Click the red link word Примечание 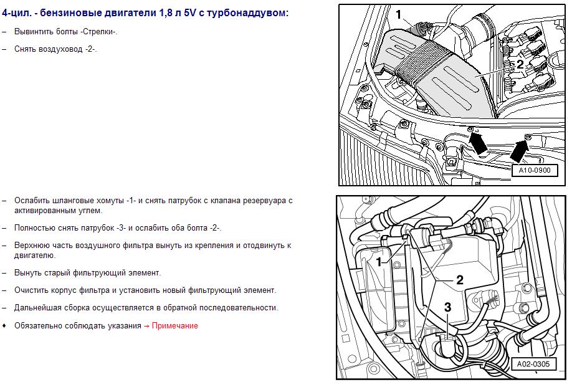click(x=174, y=326)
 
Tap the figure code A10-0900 click(x=535, y=170)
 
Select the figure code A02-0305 click(x=533, y=364)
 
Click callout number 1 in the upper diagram click(x=398, y=14)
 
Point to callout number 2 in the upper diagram click(x=520, y=64)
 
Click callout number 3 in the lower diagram click(x=447, y=307)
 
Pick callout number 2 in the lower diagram click(x=460, y=280)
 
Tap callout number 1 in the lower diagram click(x=379, y=262)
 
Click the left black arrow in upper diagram click(x=477, y=142)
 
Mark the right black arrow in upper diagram click(x=520, y=150)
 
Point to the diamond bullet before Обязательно click(x=4, y=325)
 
